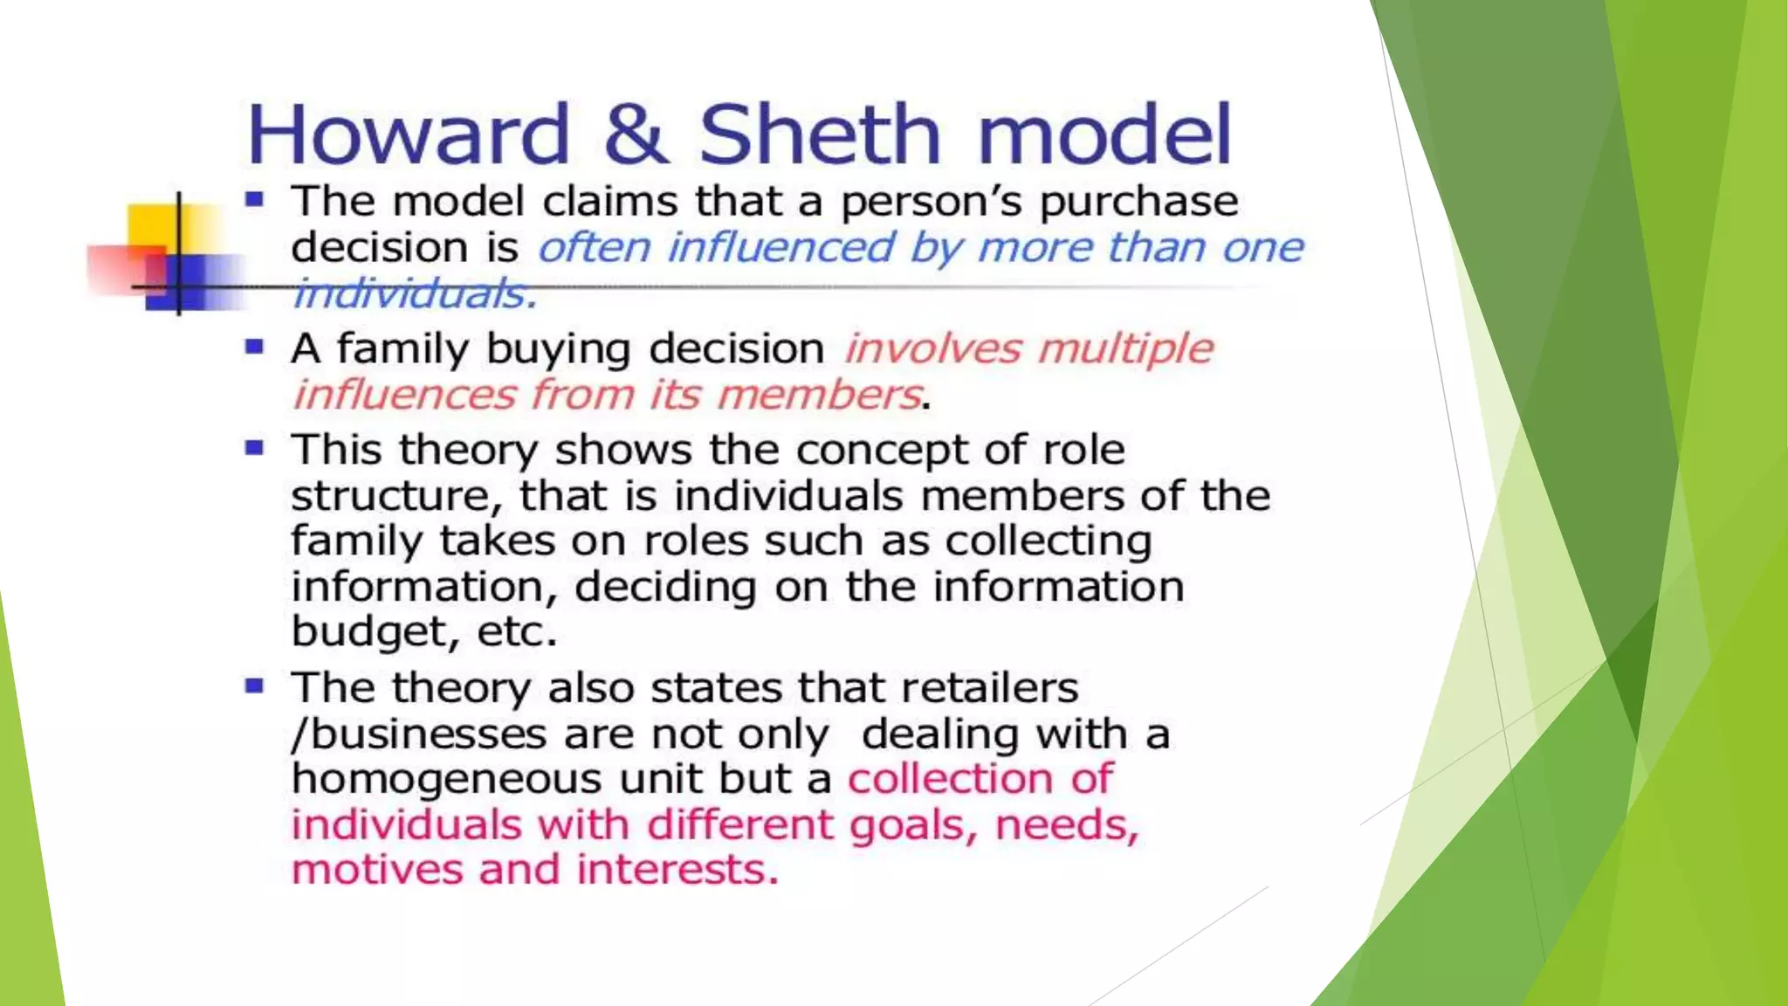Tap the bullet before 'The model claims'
(254, 200)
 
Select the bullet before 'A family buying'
(254, 347)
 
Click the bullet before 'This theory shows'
(254, 449)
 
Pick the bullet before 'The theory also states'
(254, 686)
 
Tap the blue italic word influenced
(781, 247)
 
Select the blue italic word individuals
(414, 293)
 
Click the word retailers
(989, 688)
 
